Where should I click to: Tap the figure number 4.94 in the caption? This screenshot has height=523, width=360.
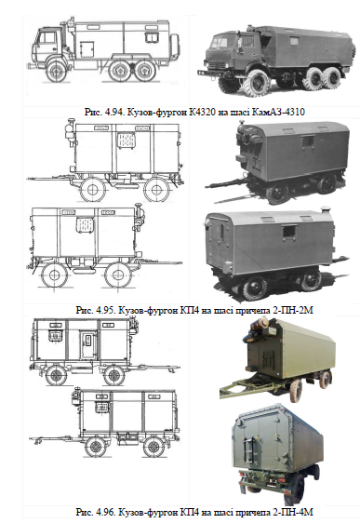pos(113,112)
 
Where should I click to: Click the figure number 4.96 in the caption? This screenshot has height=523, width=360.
pos(105,512)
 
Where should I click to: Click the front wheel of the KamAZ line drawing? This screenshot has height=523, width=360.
pos(57,71)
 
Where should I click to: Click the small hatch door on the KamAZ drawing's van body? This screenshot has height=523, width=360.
pos(87,49)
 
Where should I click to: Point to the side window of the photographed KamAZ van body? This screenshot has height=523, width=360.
pos(294,41)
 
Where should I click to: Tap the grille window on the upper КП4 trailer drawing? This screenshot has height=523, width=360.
pos(127,141)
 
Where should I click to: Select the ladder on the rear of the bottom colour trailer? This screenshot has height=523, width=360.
pos(249,449)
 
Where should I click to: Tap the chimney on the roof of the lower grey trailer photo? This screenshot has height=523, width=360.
pos(325,212)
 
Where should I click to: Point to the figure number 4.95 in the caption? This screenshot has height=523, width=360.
pos(105,310)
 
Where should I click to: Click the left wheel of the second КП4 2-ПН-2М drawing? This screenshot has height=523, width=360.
pos(54,275)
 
